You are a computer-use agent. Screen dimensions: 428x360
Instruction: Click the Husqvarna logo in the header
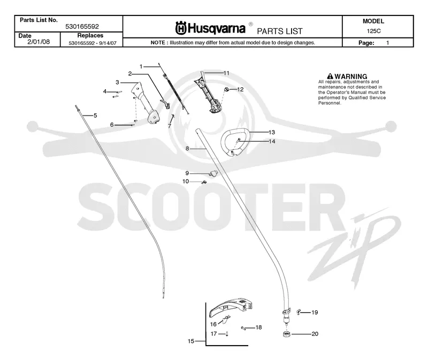(x=210, y=28)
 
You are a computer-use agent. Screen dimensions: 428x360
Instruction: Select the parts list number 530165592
(x=82, y=26)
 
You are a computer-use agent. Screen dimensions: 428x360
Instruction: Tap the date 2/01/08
(x=39, y=42)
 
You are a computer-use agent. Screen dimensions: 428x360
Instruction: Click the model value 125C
(x=373, y=31)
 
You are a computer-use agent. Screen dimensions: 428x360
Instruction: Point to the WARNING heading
(x=347, y=76)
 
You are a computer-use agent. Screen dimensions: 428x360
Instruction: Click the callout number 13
(x=272, y=132)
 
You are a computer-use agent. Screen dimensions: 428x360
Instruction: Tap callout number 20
(x=315, y=334)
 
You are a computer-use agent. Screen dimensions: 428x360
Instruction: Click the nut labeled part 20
(x=286, y=334)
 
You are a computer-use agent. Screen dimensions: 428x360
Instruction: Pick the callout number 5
(x=95, y=116)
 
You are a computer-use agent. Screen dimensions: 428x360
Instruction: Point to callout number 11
(x=226, y=73)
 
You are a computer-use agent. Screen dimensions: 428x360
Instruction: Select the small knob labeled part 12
(x=226, y=89)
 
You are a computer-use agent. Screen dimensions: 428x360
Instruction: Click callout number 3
(x=117, y=82)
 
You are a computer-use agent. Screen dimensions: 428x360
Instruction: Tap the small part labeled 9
(x=213, y=173)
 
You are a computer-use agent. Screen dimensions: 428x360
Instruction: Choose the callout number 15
(x=191, y=341)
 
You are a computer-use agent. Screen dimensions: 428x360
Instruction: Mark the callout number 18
(x=258, y=327)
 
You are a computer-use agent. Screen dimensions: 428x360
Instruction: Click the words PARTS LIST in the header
(x=280, y=31)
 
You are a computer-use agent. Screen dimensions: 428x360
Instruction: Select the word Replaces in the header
(x=90, y=35)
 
